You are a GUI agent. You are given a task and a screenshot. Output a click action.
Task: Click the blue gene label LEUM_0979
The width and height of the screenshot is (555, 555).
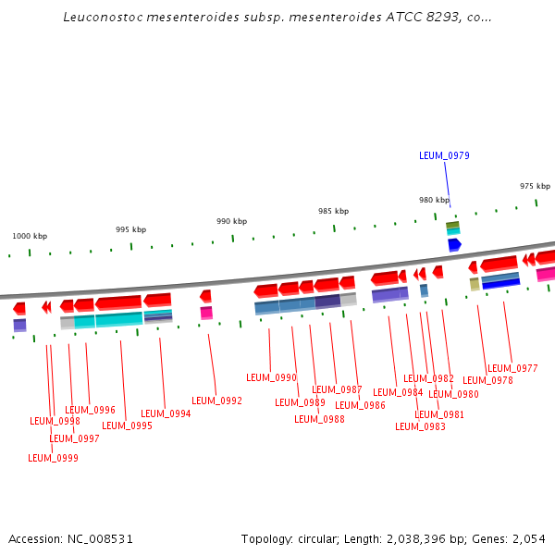444,155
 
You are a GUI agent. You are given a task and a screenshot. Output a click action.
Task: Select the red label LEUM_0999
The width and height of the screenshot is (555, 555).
53,458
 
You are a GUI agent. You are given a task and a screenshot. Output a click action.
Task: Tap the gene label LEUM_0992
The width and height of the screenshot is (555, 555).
216,401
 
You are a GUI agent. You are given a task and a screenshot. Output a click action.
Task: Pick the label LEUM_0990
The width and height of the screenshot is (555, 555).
271,377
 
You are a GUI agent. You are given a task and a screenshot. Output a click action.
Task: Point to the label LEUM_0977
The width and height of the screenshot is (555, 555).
512,368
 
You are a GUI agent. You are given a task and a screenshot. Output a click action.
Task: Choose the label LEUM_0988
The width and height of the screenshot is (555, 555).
319,420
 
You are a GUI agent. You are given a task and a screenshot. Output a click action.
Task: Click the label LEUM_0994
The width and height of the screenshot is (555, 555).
166,414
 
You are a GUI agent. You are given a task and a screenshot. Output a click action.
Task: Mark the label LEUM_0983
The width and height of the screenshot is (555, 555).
420,426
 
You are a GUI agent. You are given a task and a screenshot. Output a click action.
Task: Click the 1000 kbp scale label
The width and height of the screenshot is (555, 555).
30,236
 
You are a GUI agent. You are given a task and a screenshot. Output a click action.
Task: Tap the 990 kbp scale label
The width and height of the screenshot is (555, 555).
231,221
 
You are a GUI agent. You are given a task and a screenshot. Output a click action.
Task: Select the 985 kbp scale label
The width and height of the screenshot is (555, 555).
333,211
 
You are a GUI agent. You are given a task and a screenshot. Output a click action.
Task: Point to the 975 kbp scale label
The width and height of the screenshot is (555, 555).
535,186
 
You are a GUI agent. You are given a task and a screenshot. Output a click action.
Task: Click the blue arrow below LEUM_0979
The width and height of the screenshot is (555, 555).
454,245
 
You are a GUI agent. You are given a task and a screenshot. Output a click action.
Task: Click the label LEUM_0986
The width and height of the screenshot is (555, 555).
360,405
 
